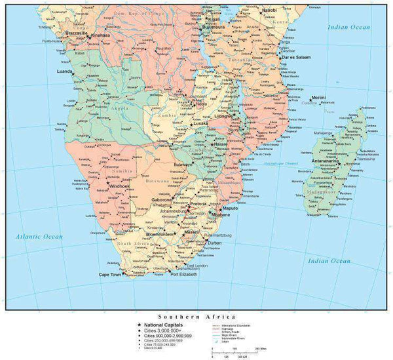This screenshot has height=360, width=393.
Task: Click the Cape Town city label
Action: point(110,274)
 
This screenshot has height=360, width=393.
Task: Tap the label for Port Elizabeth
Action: point(183,274)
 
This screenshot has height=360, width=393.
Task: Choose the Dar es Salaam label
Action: point(295,57)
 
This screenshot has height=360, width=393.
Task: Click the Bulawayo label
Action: point(184,164)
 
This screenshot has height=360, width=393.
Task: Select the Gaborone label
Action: point(162,199)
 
